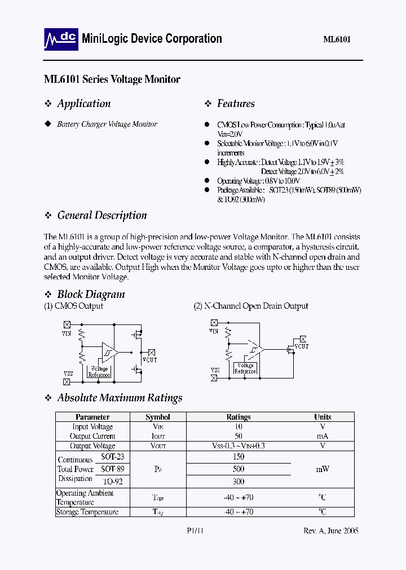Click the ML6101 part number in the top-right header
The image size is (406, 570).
pyautogui.click(x=337, y=40)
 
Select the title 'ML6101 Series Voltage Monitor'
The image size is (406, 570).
pyautogui.click(x=112, y=79)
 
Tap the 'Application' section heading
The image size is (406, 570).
pyautogui.click(x=83, y=104)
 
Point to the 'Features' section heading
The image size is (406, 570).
pyautogui.click(x=236, y=104)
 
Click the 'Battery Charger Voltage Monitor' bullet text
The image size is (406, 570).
pyautogui.click(x=107, y=124)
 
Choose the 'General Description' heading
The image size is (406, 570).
pyautogui.click(x=102, y=215)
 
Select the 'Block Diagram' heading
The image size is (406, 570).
pyautogui.click(x=91, y=294)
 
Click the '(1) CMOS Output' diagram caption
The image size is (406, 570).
pyautogui.click(x=73, y=306)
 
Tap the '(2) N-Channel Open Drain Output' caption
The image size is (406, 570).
pyautogui.click(x=251, y=306)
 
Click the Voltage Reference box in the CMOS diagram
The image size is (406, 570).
pyautogui.click(x=99, y=371)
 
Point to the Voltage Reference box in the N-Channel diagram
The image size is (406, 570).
pyautogui.click(x=245, y=368)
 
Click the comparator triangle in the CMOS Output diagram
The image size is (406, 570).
pyautogui.click(x=108, y=351)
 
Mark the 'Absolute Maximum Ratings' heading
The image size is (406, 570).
pyautogui.click(x=120, y=398)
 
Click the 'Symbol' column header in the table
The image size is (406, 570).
pyautogui.click(x=157, y=417)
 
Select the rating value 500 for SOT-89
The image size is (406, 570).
pyautogui.click(x=238, y=469)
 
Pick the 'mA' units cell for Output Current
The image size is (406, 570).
pyautogui.click(x=323, y=436)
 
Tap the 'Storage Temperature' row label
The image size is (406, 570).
pyautogui.click(x=87, y=512)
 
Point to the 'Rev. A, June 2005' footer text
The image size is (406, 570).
pyautogui.click(x=329, y=531)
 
